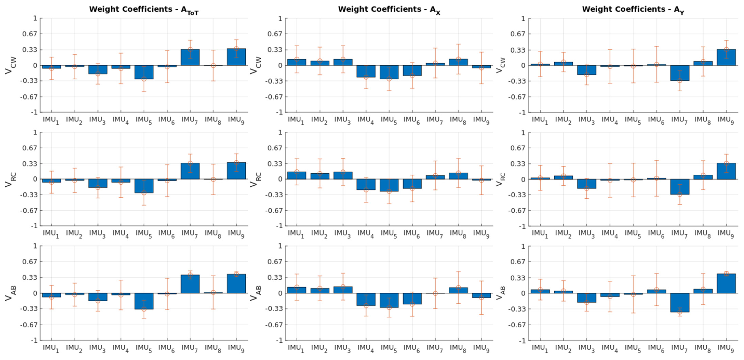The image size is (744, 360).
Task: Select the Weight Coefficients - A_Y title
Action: [633, 10]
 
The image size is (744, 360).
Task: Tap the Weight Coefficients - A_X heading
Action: [389, 10]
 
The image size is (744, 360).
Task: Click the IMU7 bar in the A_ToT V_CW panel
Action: [190, 57]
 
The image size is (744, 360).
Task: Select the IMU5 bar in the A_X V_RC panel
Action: [389, 185]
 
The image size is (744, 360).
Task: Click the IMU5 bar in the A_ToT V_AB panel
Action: [144, 301]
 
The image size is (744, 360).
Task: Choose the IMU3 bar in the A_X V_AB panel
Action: [343, 290]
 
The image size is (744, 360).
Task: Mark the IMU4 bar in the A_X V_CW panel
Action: [366, 71]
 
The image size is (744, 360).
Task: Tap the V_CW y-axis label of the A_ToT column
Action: [10, 65]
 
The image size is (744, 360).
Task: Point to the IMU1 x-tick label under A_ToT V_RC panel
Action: [51, 234]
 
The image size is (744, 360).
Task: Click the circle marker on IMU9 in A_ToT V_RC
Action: [236, 163]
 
